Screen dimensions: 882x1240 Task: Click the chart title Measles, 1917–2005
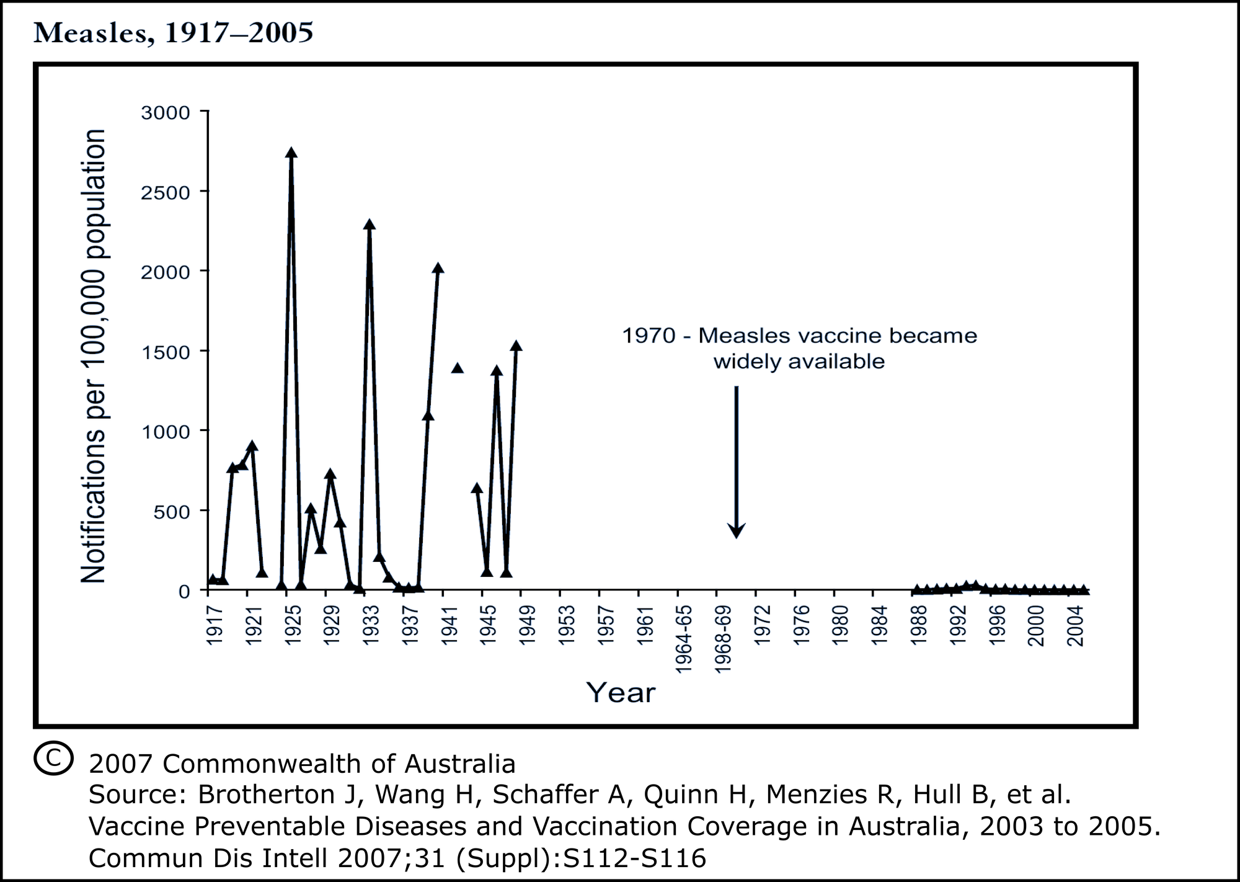click(x=174, y=33)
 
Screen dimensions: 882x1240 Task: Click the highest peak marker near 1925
click(x=291, y=153)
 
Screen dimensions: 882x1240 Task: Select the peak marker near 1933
click(x=370, y=225)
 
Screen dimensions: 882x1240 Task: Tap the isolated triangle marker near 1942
click(x=458, y=368)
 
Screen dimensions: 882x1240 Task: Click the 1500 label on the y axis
click(x=166, y=352)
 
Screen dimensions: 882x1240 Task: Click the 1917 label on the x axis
click(x=214, y=626)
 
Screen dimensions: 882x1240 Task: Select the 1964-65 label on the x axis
click(x=684, y=638)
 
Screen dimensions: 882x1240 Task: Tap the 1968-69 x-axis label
click(x=723, y=638)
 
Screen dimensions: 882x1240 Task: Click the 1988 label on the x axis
click(x=919, y=626)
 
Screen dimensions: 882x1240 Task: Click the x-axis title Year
click(x=621, y=693)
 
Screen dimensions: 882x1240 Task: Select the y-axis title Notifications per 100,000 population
click(x=94, y=356)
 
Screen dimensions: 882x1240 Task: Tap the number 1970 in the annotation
click(x=649, y=336)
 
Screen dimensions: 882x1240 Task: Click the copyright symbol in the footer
click(x=53, y=759)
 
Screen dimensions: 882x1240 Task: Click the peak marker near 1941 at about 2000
click(x=438, y=269)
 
